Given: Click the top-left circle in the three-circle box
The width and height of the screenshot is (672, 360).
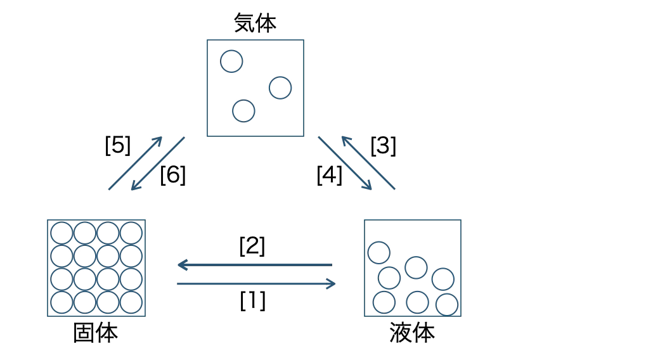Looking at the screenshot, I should pyautogui.click(x=231, y=61).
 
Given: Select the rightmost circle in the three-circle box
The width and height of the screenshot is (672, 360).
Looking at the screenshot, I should pyautogui.click(x=280, y=87).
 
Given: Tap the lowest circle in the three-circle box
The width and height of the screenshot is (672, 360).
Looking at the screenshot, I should pyautogui.click(x=243, y=111).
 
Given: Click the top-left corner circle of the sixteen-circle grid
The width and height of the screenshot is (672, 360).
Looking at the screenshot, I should pyautogui.click(x=61, y=233).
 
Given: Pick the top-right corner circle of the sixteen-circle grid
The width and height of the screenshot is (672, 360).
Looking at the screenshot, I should pyautogui.click(x=131, y=233).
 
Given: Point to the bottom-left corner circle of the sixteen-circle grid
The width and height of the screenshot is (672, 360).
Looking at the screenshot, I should pyautogui.click(x=61, y=302).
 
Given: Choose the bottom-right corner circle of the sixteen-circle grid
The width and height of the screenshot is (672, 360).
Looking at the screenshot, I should pyautogui.click(x=131, y=302).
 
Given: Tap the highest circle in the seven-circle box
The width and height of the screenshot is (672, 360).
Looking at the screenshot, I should pyautogui.click(x=378, y=252).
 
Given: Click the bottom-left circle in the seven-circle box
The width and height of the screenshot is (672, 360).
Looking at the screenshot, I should pyautogui.click(x=384, y=302).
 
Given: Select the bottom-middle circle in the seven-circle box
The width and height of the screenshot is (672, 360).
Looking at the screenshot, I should pyautogui.click(x=417, y=302).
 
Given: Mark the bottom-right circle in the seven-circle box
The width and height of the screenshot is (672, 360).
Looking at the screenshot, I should pyautogui.click(x=447, y=304).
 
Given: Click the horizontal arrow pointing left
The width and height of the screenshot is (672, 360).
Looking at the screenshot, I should pyautogui.click(x=254, y=264).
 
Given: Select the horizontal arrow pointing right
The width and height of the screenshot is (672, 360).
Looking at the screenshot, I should pyautogui.click(x=256, y=284).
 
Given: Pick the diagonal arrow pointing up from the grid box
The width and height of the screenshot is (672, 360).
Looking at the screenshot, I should pyautogui.click(x=135, y=163).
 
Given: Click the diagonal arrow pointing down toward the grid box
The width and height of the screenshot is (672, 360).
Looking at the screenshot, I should pyautogui.click(x=158, y=164).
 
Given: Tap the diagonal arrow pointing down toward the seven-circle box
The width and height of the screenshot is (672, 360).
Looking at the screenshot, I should pyautogui.click(x=345, y=163).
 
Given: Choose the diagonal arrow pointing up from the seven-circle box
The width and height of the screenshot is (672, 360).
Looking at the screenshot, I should pyautogui.click(x=368, y=163).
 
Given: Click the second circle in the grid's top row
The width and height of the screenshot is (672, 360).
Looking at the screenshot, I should pyautogui.click(x=85, y=233).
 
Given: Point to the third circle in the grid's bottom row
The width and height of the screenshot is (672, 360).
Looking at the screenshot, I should pyautogui.click(x=108, y=302).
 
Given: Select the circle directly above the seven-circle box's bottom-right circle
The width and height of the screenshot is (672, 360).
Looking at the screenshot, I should pyautogui.click(x=443, y=279).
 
